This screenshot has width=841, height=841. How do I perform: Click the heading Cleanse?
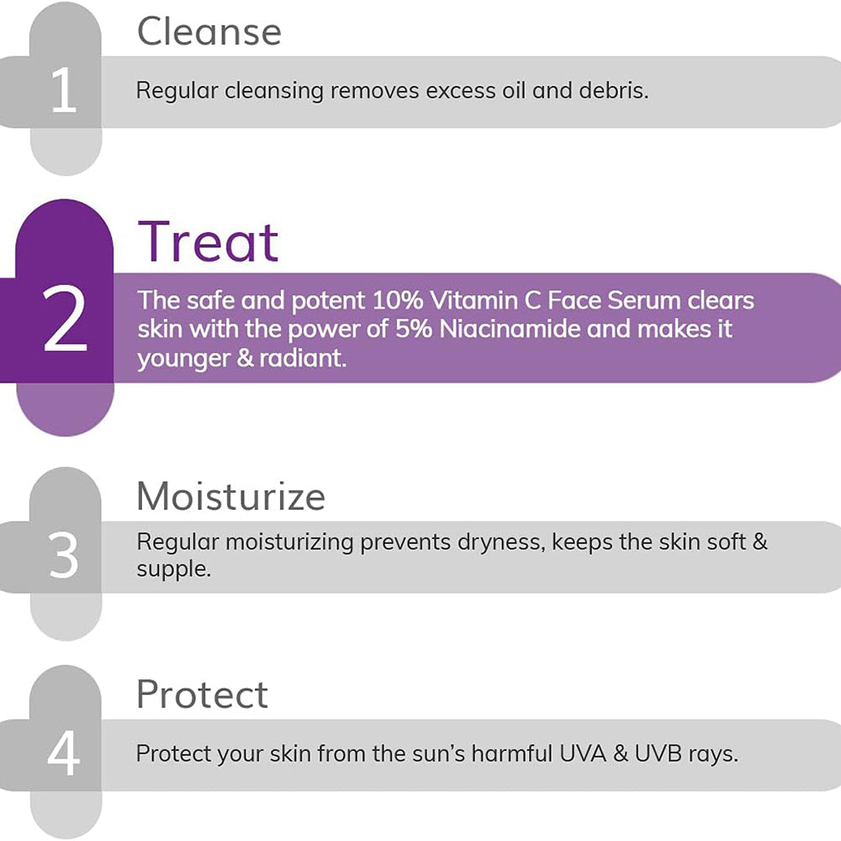(209, 32)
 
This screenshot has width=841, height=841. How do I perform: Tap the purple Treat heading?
(208, 242)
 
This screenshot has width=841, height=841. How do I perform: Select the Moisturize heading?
(231, 496)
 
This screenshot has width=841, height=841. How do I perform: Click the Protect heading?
(202, 694)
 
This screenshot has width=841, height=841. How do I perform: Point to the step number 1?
(64, 90)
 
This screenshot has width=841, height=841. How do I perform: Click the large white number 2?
(65, 318)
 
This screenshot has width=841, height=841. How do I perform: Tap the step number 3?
(64, 555)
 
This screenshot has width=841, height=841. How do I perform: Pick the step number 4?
(64, 754)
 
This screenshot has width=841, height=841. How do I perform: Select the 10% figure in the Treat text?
(398, 300)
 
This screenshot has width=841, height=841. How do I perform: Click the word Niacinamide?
(510, 329)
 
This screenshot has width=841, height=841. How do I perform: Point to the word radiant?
(303, 357)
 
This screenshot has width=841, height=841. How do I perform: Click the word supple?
(174, 569)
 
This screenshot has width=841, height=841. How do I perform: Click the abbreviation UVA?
(583, 754)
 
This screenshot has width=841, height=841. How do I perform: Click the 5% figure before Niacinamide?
(414, 329)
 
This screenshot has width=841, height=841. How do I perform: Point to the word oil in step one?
(514, 90)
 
